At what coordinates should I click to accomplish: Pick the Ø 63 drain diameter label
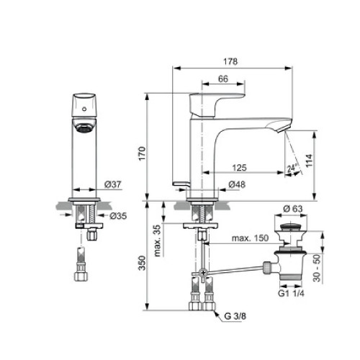(291, 208)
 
